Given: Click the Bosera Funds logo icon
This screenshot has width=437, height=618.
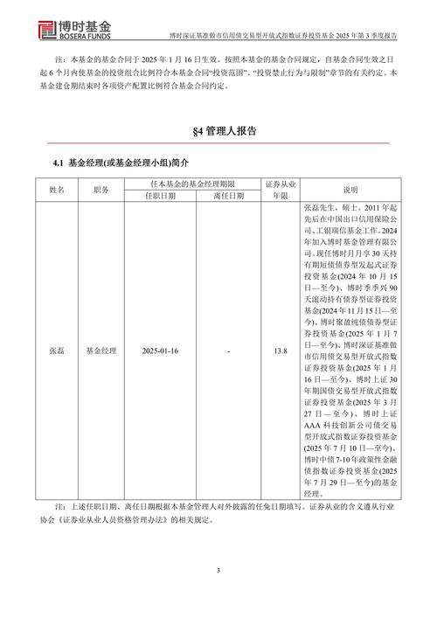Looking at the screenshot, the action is coord(24,26).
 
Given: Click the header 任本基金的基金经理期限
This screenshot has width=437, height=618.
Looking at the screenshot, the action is coord(193,182).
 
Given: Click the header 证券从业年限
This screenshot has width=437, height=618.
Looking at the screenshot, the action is coord(280,189).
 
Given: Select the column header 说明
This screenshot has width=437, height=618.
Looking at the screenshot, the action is coord(350,189).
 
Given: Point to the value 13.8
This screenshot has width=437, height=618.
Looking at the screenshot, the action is coord(280,351).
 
